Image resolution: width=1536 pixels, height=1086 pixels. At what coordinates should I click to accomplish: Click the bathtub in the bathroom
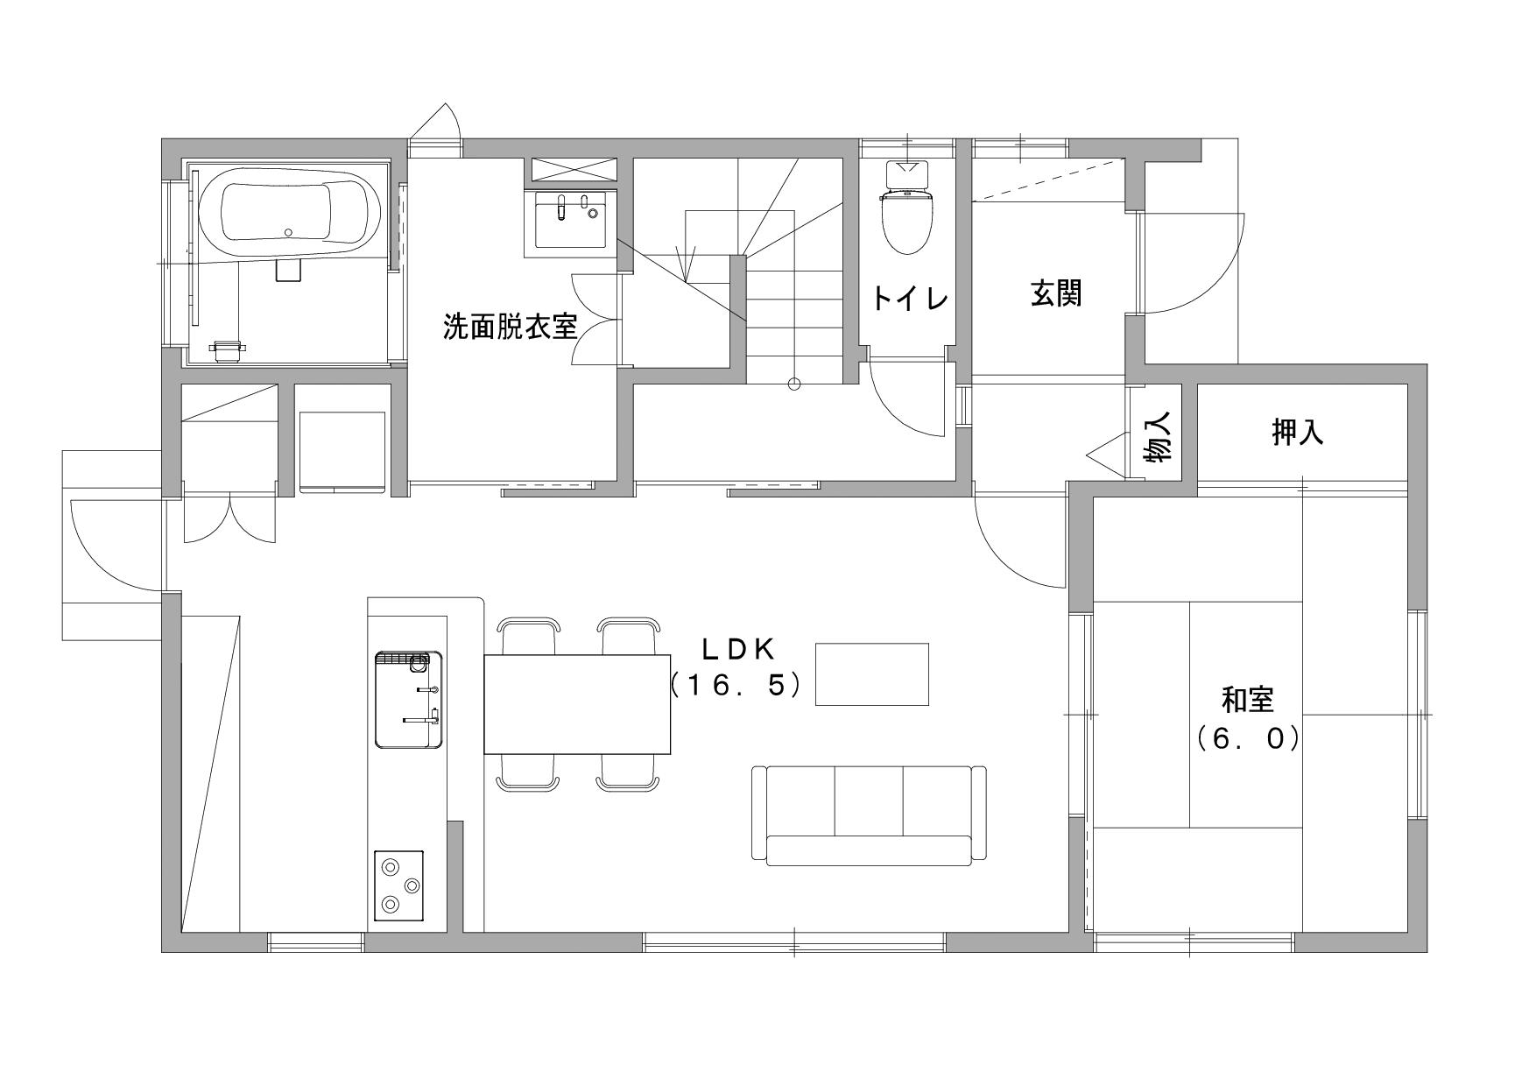pos(289,215)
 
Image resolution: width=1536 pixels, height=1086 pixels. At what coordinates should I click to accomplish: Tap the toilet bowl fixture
pos(908,208)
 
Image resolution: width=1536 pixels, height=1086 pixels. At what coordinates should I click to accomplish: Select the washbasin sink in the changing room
pos(570,221)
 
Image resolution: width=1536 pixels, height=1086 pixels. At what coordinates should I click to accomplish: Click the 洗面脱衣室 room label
pos(510,328)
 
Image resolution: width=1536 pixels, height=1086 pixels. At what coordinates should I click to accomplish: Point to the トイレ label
pos(910,300)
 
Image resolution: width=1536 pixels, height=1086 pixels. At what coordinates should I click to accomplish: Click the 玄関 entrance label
pos(1056,293)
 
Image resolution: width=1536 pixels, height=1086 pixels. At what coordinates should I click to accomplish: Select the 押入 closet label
pos(1298,433)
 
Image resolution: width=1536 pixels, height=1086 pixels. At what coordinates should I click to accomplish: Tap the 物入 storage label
pos(1158,437)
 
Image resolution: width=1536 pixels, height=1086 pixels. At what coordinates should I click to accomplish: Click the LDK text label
pos(739,649)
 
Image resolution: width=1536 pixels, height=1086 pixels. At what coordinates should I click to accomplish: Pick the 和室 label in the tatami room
pos(1248,700)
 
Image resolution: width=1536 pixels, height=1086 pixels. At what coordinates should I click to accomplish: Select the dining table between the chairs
pos(577,704)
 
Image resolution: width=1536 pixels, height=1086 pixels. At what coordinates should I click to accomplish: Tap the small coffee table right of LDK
pos(872,673)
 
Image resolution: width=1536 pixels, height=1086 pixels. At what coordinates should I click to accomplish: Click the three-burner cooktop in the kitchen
pos(399,885)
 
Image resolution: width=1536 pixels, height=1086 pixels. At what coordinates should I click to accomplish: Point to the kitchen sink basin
pos(408,699)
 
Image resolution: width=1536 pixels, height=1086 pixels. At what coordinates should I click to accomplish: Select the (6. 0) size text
pos(1248,739)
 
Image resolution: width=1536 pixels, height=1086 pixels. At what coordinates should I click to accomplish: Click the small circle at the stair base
pos(794,383)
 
